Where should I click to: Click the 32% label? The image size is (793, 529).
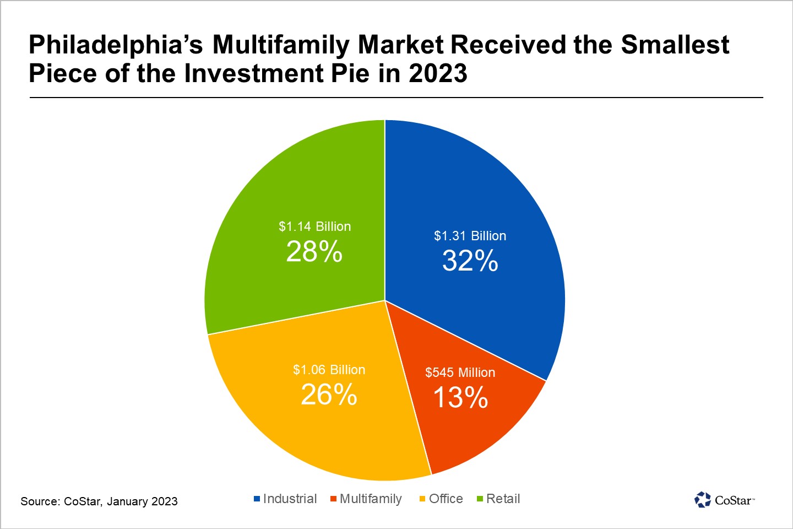point(470,261)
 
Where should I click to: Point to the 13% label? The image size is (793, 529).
point(460,397)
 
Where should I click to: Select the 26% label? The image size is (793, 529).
point(329,395)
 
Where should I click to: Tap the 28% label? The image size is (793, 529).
point(314,252)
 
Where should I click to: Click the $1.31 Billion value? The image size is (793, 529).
point(470,236)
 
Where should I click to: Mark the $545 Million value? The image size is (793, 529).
point(460,373)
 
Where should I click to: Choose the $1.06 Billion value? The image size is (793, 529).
point(329,370)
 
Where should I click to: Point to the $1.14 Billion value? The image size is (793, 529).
point(314,226)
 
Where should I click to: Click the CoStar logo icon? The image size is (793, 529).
point(703,500)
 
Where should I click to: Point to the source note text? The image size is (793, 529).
point(99,501)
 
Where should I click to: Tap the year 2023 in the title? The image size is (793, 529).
point(438,74)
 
